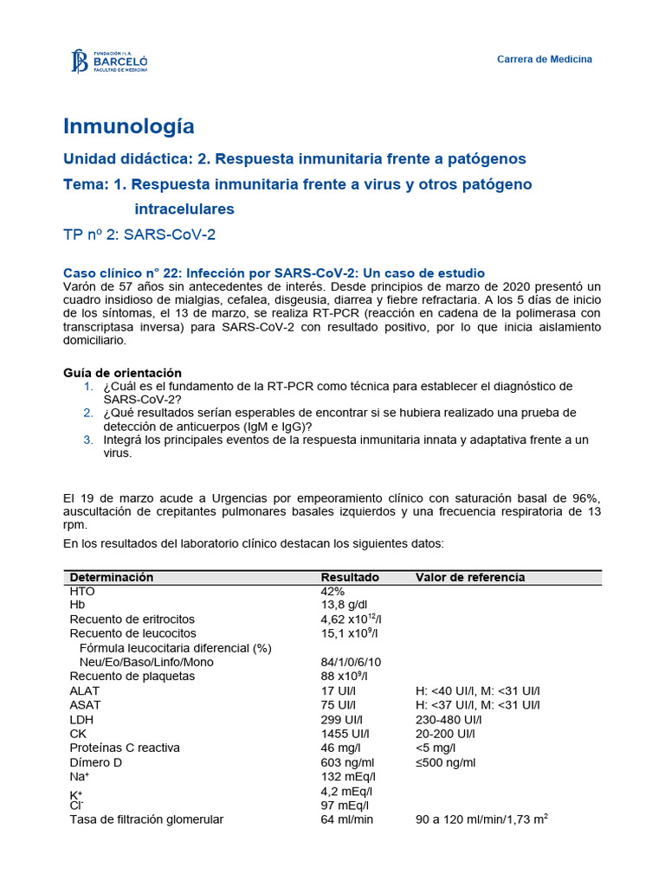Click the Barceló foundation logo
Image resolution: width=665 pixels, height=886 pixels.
pyautogui.click(x=109, y=61)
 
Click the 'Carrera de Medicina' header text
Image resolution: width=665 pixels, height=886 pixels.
pyautogui.click(x=544, y=59)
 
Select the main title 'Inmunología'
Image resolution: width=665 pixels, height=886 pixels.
pyautogui.click(x=129, y=126)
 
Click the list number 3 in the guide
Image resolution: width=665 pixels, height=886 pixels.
pyautogui.click(x=87, y=440)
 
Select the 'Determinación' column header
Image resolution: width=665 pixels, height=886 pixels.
pyautogui.click(x=111, y=577)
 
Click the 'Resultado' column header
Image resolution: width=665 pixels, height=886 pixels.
pyautogui.click(x=350, y=577)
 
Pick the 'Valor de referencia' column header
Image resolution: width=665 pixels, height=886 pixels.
pyautogui.click(x=469, y=577)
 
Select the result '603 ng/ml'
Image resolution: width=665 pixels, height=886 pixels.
pyautogui.click(x=347, y=762)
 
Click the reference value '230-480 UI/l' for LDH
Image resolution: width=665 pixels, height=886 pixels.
pyautogui.click(x=449, y=720)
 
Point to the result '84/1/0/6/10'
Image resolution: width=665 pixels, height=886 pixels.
pyautogui.click(x=351, y=662)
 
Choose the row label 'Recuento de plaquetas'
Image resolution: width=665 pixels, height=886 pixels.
pyautogui.click(x=132, y=677)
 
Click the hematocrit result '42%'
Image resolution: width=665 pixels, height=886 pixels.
pyautogui.click(x=333, y=591)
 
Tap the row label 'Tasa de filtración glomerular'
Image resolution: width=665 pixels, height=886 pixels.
pyautogui.click(x=146, y=819)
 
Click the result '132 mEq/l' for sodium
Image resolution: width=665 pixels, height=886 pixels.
pyautogui.click(x=346, y=776)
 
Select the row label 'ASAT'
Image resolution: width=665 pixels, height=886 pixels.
pyautogui.click(x=85, y=705)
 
